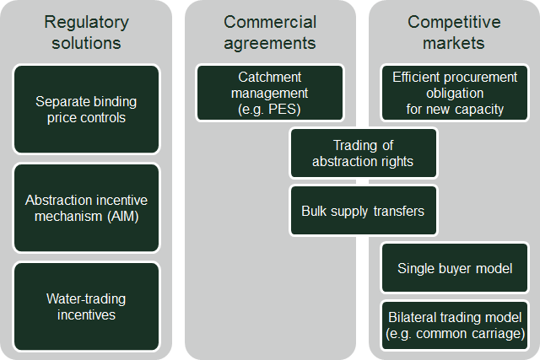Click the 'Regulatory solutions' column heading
tap(86, 32)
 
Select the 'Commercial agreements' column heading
tap(270, 32)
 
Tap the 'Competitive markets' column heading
tap(454, 32)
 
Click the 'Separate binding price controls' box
tap(86, 109)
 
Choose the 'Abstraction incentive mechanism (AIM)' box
tap(86, 208)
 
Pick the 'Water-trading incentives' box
tap(86, 306)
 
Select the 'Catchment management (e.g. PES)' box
tap(270, 93)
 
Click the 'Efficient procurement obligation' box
tap(455, 93)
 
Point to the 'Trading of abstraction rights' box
tap(364, 153)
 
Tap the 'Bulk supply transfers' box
tap(364, 211)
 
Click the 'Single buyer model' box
tap(455, 268)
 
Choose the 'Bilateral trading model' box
tap(455, 325)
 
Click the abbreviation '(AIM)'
tap(122, 217)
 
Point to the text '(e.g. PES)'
tap(270, 110)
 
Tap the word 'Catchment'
tap(270, 77)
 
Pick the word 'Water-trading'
tap(86, 298)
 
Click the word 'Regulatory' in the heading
tap(86, 23)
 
